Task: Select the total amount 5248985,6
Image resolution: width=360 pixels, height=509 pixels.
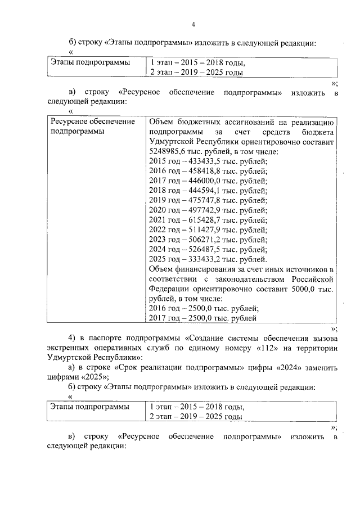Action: click(x=168, y=152)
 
